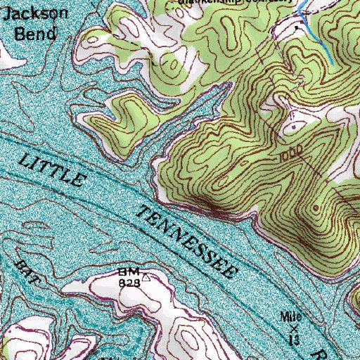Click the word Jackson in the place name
pos(25,14)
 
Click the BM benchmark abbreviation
pos(129,271)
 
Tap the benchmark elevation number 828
pos(129,281)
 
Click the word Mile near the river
pos(292,316)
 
